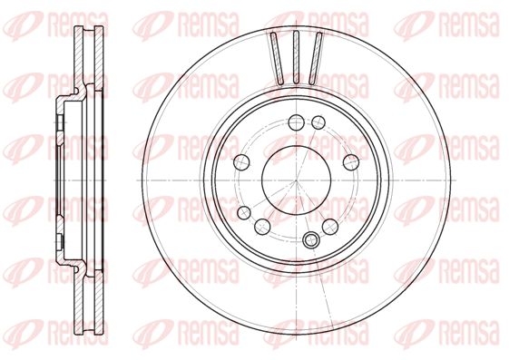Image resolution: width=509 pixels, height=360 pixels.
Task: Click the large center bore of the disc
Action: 297,180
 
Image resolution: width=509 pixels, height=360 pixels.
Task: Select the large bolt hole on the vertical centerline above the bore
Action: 297,122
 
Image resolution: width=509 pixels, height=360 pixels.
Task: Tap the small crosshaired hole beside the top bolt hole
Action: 318,122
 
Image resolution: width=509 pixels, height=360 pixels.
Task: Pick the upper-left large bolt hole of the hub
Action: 242,161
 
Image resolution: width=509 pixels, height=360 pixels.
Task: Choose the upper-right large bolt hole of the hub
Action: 351,162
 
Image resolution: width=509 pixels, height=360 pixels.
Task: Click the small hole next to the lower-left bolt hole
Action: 244,213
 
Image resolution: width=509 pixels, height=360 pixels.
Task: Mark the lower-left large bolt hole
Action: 262,226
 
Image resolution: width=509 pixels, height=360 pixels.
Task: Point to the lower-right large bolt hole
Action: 330,226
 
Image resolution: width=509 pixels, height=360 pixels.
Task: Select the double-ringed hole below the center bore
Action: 311,240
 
